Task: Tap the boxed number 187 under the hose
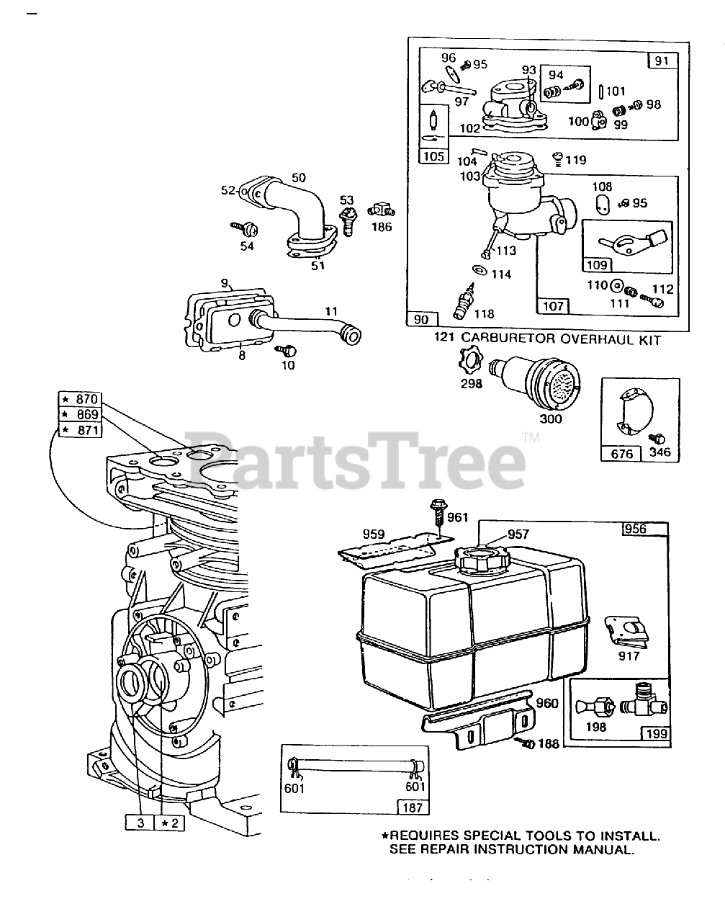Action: coord(412,807)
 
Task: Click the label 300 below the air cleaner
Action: coord(550,419)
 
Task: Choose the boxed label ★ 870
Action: coord(81,399)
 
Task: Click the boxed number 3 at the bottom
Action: coord(139,822)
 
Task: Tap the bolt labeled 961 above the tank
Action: coord(439,513)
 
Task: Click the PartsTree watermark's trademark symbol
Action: coord(530,437)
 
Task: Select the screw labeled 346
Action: coord(657,439)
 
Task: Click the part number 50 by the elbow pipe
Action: coord(298,177)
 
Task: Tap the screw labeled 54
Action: coord(241,228)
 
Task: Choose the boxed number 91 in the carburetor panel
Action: coord(662,61)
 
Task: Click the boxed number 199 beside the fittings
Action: coord(656,734)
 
